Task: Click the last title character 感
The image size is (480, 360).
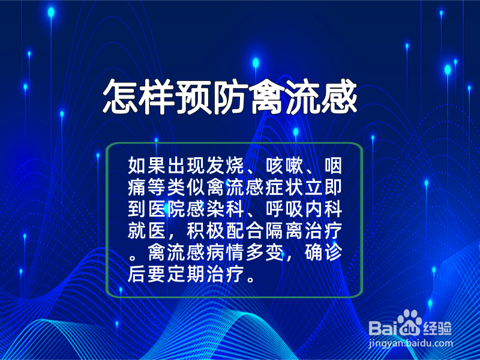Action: [x=339, y=97]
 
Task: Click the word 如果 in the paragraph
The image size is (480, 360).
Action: [x=147, y=166]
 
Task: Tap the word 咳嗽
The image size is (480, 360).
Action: [x=284, y=166]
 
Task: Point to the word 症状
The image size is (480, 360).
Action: [x=284, y=187]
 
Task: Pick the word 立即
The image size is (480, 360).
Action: [x=323, y=187]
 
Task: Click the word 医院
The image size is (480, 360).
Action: [x=167, y=209]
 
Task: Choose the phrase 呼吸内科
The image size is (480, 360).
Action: [x=304, y=209]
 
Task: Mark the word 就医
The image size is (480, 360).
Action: [x=147, y=231]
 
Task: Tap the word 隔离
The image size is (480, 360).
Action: [x=284, y=231]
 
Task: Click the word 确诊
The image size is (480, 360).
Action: [x=323, y=253]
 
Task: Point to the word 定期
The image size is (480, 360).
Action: [x=186, y=274]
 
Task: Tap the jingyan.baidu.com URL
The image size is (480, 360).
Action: [x=410, y=344]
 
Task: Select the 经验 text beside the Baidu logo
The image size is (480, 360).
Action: [x=438, y=328]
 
